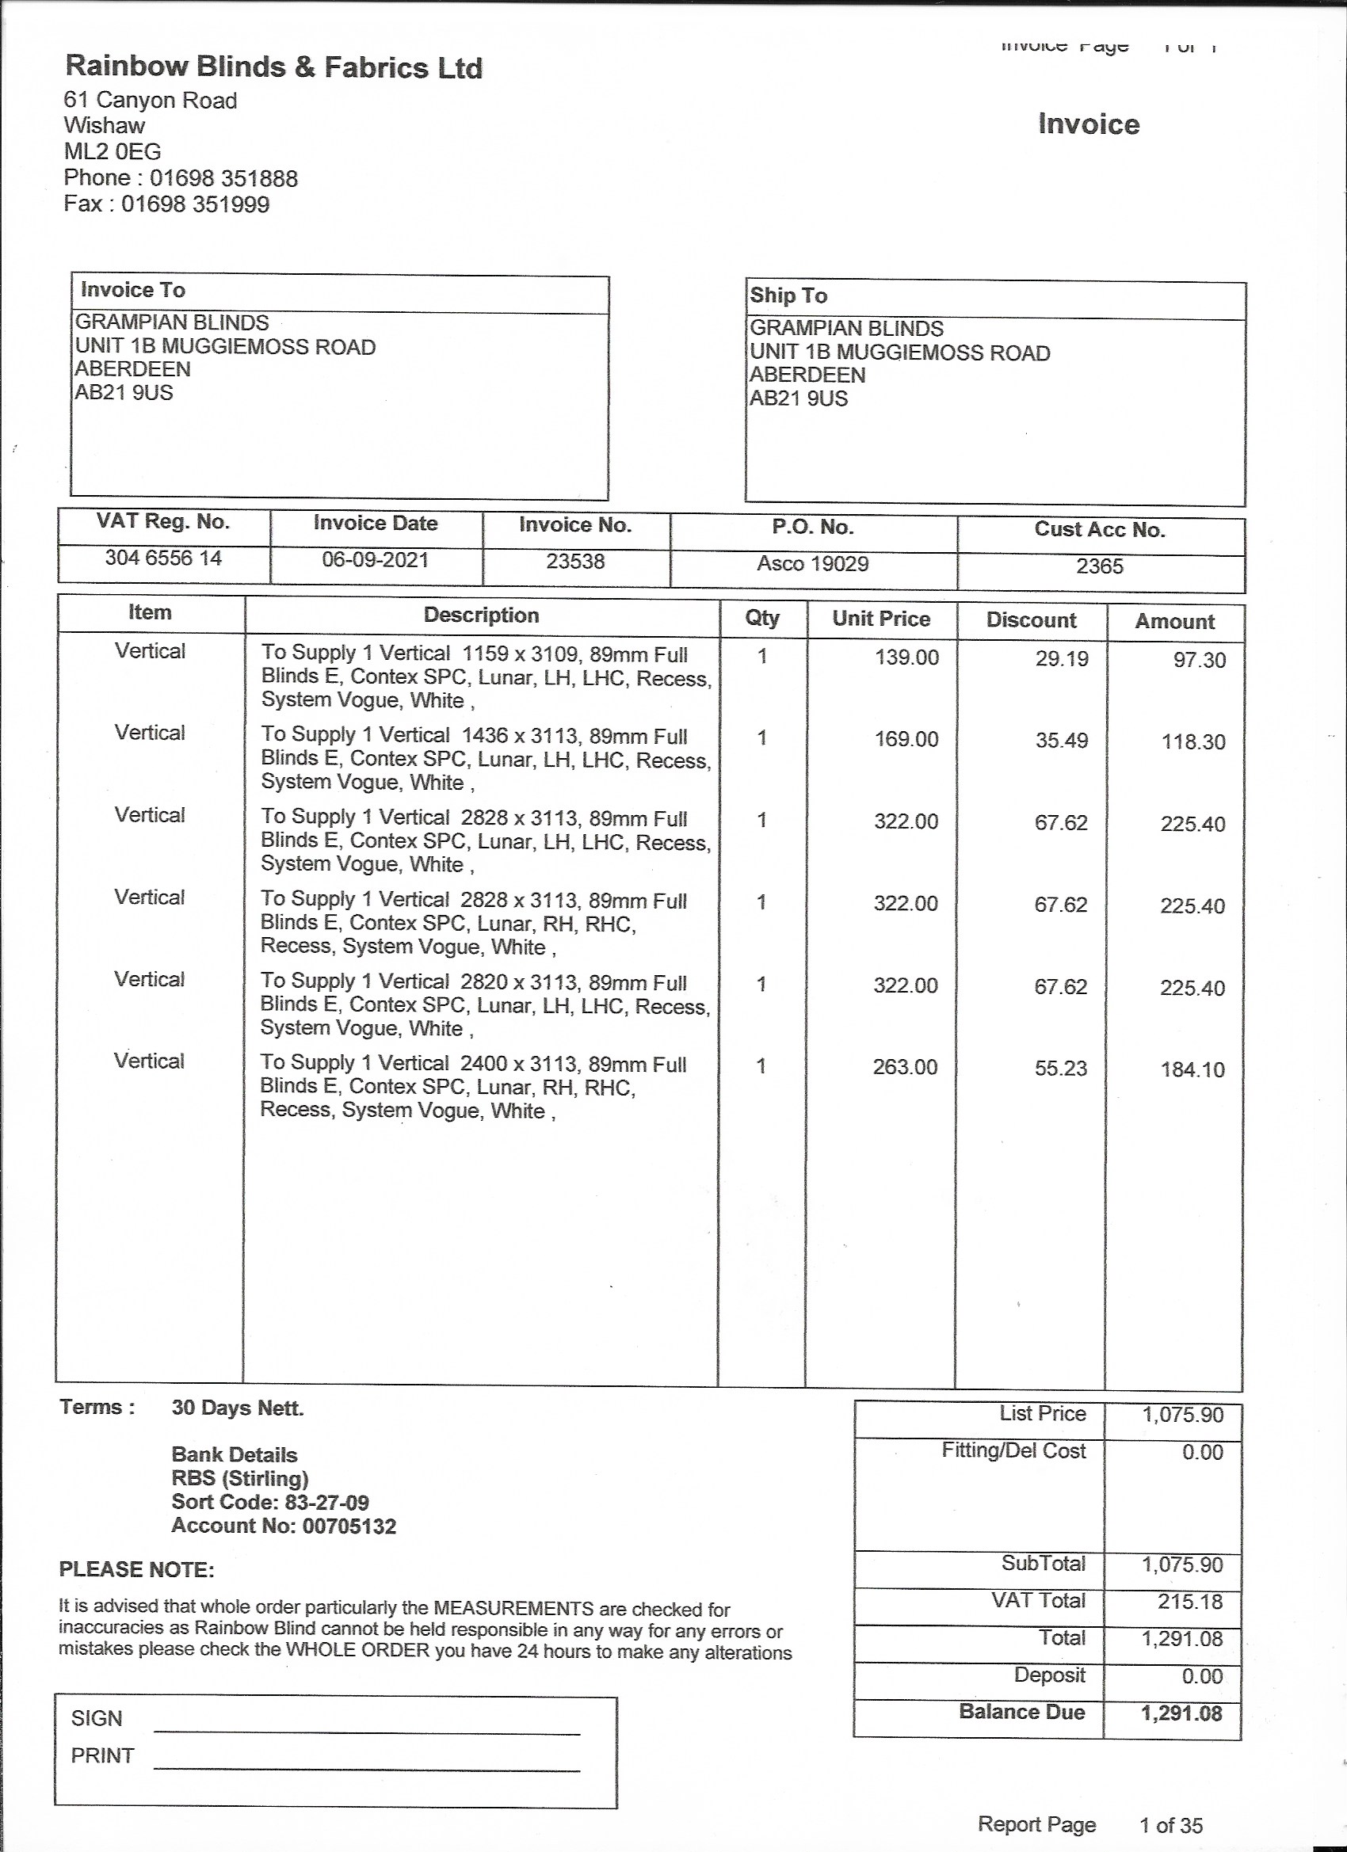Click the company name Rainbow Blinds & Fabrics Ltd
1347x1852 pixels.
point(273,67)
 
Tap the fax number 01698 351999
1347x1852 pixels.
point(195,204)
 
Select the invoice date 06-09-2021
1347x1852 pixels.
point(375,560)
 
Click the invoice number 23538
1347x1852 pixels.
point(575,562)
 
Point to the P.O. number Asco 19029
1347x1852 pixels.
point(813,563)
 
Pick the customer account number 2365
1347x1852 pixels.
point(1100,566)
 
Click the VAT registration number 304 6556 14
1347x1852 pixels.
point(163,558)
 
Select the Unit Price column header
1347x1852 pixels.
point(881,618)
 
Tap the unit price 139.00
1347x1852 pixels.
point(906,657)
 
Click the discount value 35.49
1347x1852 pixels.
point(1061,741)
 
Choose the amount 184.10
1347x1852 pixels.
point(1192,1069)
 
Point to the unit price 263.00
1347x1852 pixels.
point(905,1067)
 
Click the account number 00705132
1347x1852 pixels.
point(349,1526)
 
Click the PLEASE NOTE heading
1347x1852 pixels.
point(136,1569)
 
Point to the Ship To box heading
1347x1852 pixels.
point(788,295)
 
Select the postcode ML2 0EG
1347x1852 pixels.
point(113,152)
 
